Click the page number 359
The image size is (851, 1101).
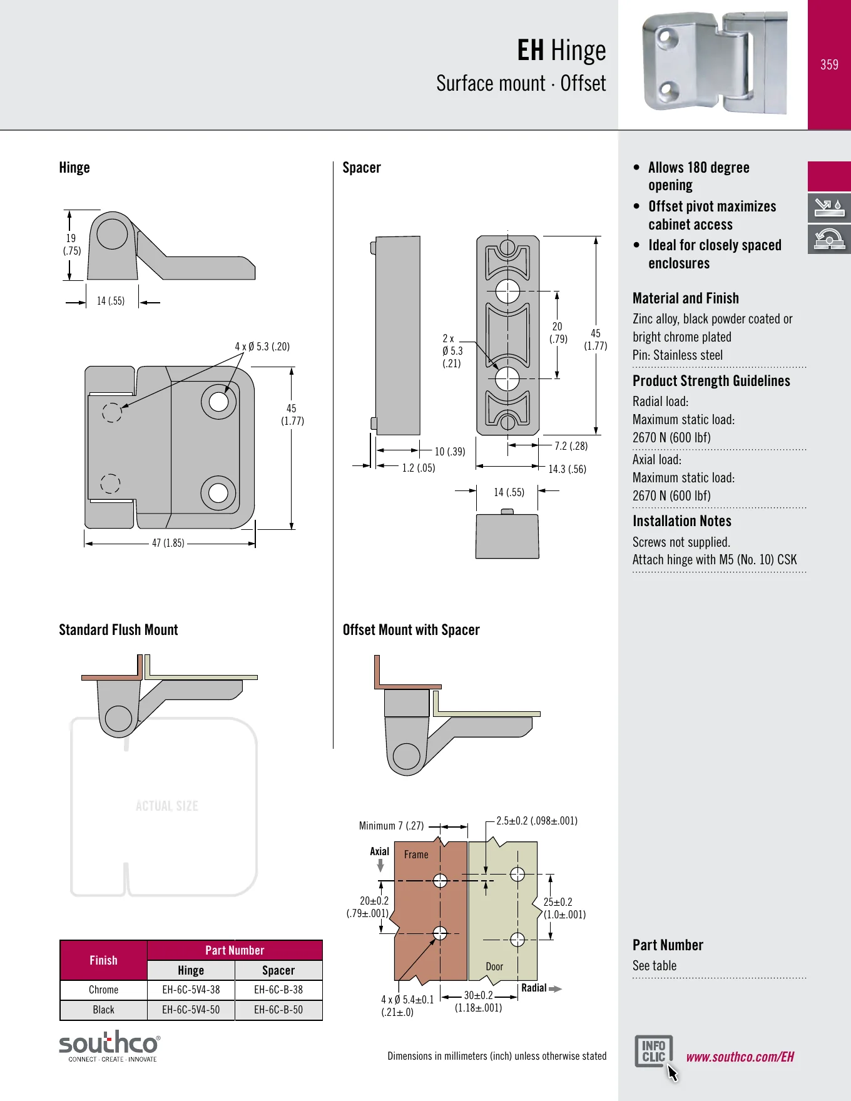click(x=829, y=64)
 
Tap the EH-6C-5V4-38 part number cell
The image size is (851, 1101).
click(x=191, y=990)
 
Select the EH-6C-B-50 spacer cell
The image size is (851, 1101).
click(x=278, y=1010)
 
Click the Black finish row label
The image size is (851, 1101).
click(x=103, y=1010)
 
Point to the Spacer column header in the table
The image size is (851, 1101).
click(x=278, y=970)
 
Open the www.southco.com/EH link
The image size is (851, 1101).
click(x=740, y=1057)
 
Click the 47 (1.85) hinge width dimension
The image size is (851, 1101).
click(x=168, y=543)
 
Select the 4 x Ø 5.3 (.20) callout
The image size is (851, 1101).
click(x=262, y=347)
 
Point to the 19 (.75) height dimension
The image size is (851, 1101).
click(x=71, y=245)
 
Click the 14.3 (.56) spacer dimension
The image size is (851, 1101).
click(x=568, y=469)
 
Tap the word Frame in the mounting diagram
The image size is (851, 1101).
click(x=416, y=855)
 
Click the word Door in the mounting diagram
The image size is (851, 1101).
click(x=494, y=967)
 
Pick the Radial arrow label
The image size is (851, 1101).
click(x=534, y=988)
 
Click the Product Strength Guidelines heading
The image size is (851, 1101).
click(x=711, y=381)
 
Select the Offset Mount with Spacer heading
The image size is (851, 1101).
click(x=411, y=630)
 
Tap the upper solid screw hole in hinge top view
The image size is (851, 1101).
click(x=218, y=401)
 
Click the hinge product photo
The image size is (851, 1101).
click(x=714, y=63)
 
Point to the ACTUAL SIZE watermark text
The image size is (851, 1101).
click(x=167, y=806)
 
